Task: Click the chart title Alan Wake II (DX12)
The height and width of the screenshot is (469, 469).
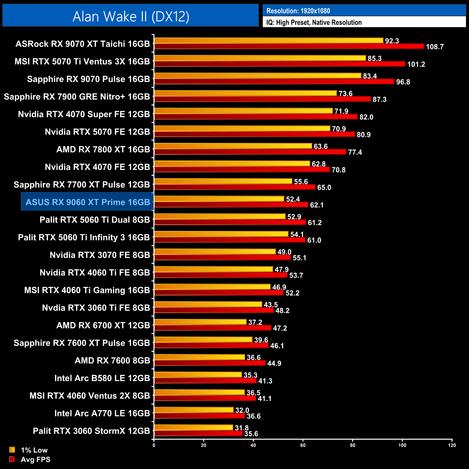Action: click(131, 16)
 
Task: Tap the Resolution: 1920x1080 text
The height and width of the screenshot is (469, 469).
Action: click(298, 11)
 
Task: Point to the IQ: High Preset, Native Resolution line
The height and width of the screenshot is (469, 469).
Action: click(314, 22)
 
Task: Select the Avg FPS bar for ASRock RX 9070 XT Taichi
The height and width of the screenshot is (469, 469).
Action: click(289, 46)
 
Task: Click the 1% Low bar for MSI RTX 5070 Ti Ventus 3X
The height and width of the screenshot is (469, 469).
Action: click(260, 58)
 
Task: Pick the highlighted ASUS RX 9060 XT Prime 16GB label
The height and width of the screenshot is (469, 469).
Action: click(88, 202)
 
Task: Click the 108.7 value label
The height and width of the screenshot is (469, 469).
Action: click(434, 47)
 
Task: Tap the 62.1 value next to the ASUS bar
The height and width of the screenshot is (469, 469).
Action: click(317, 205)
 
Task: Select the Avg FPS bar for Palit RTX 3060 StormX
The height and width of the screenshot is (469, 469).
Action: click(198, 433)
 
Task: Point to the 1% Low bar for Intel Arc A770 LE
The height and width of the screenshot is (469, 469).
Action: click(194, 410)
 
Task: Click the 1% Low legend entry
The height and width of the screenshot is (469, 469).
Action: click(34, 450)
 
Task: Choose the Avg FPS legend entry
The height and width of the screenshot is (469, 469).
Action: click(35, 460)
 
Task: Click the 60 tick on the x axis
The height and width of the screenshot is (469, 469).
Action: click(303, 445)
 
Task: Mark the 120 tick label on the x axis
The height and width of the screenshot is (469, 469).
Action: click(452, 445)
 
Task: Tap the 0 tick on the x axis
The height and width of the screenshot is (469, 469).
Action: click(154, 445)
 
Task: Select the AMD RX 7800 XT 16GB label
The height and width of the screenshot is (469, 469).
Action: click(103, 149)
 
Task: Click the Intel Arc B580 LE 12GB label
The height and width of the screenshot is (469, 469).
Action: click(102, 378)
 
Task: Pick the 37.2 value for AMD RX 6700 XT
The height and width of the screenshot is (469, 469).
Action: click(255, 322)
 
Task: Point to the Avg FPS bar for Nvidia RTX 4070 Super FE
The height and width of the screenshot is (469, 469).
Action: click(255, 117)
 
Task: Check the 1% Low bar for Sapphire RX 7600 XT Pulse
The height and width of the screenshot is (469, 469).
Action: click(203, 339)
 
